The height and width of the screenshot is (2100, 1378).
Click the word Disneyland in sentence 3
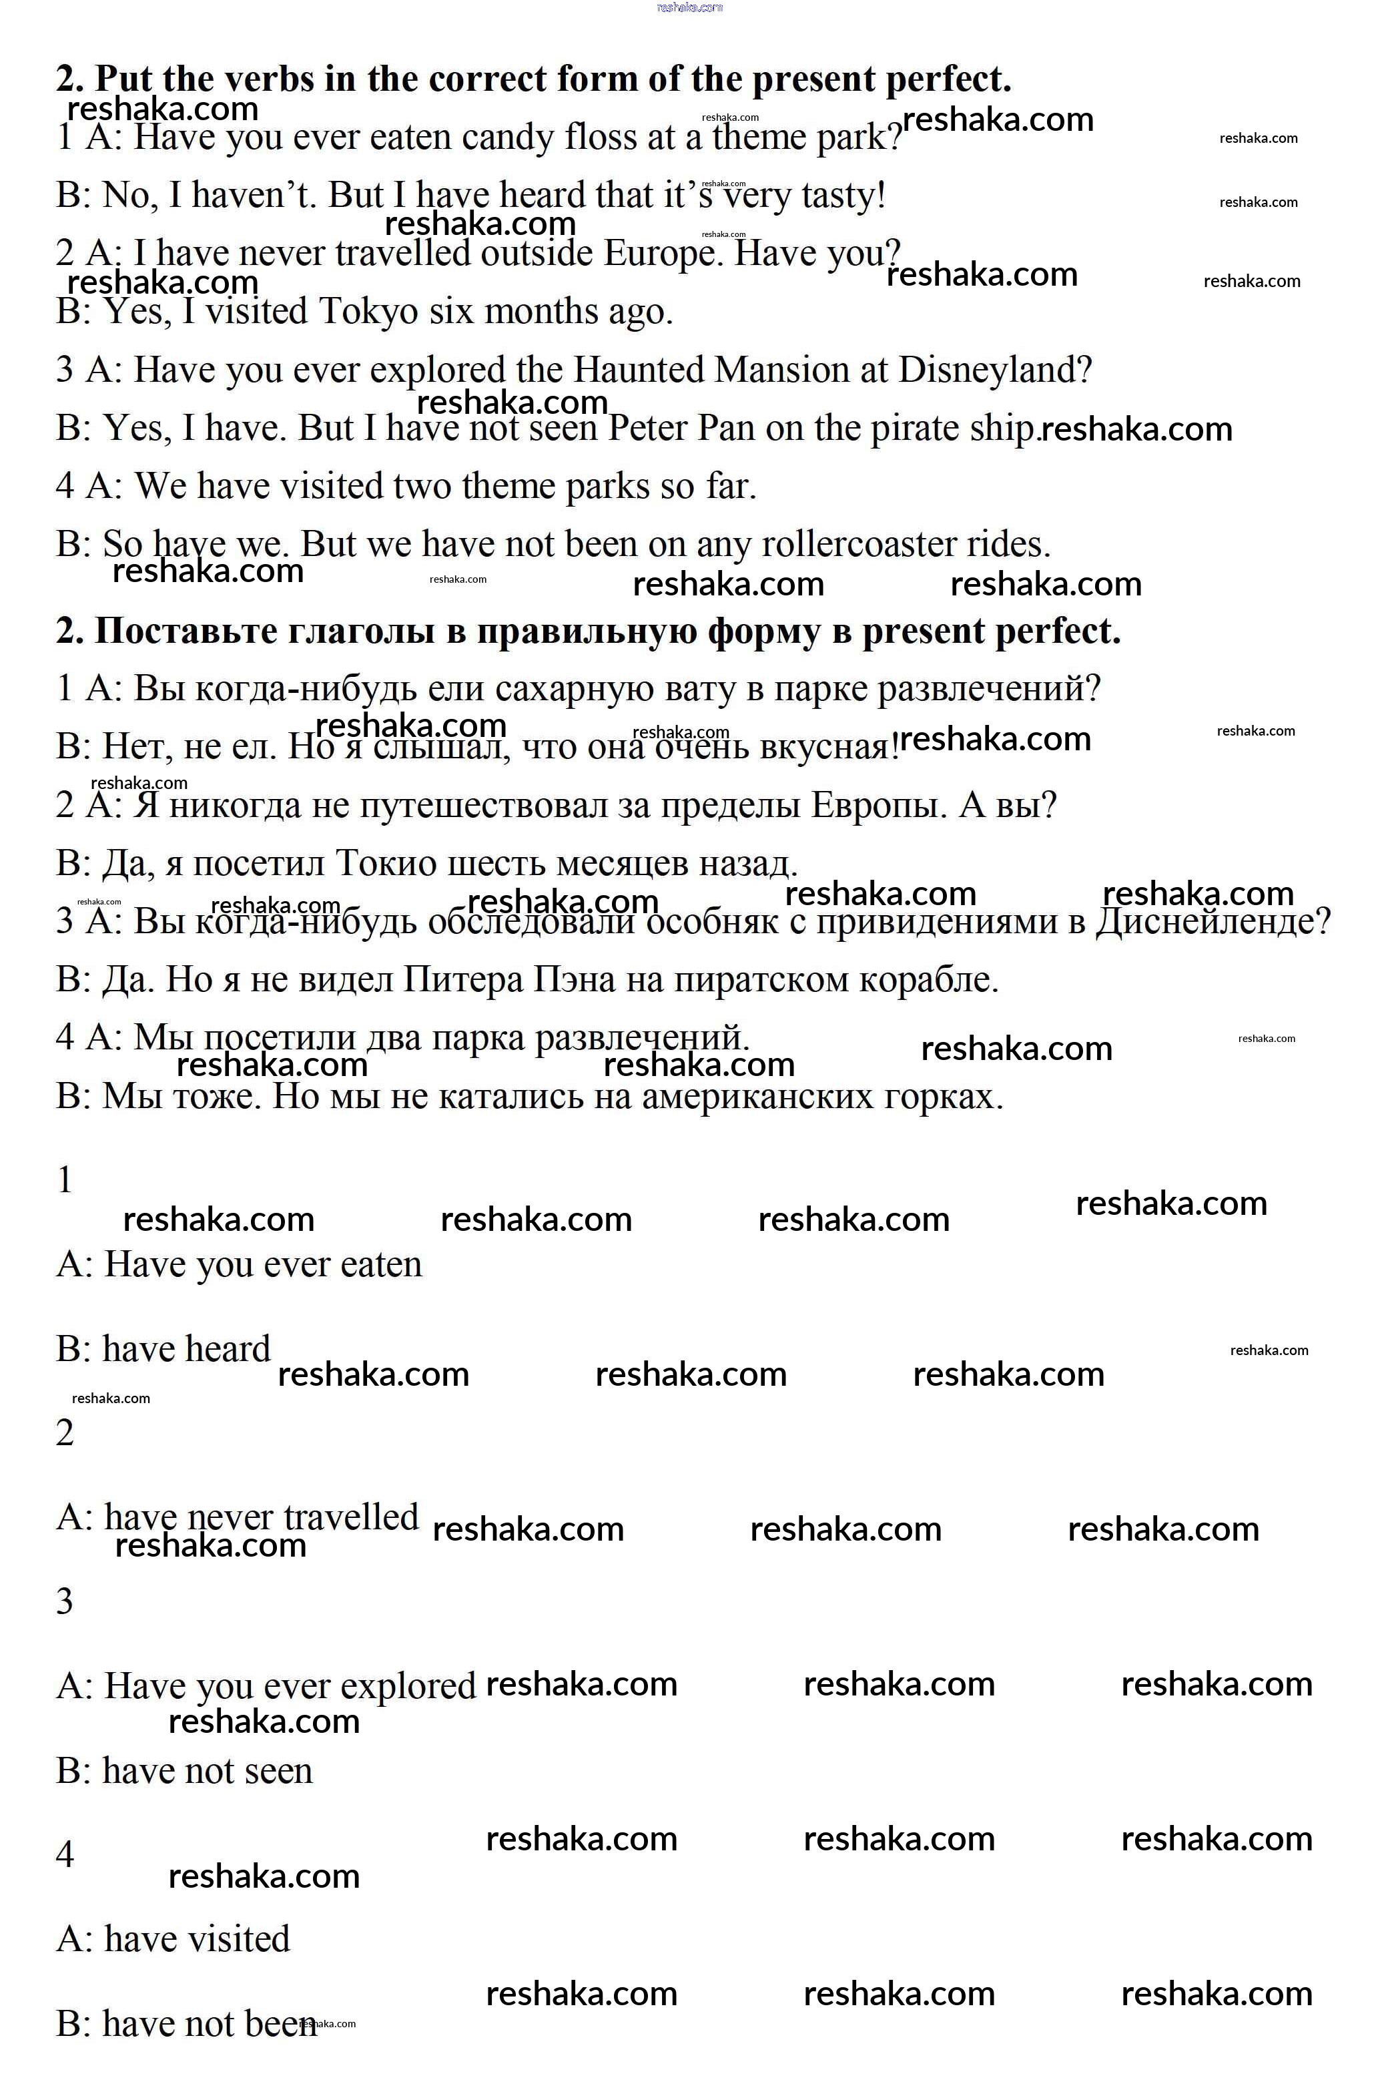click(995, 370)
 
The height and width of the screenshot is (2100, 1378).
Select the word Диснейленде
click(1213, 921)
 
